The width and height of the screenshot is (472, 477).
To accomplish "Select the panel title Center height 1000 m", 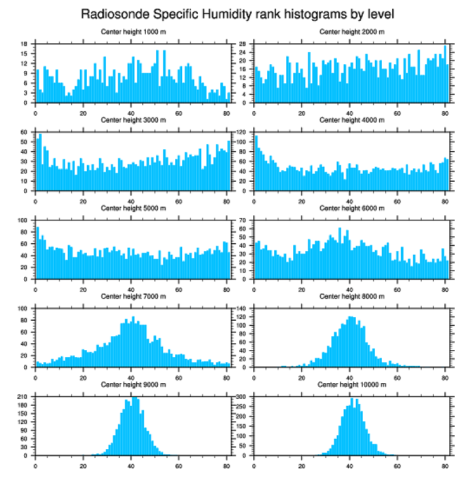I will (x=133, y=31).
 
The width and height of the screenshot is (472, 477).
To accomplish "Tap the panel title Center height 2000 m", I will (x=352, y=31).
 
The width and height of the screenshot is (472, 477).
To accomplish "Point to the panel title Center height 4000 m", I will (x=352, y=120).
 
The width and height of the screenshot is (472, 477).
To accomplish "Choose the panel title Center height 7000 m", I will (x=133, y=296).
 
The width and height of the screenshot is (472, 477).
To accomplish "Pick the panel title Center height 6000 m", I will (x=352, y=208).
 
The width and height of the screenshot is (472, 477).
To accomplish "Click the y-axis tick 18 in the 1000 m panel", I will (x=25, y=44).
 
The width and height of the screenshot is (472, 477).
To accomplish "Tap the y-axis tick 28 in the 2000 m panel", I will (x=244, y=44).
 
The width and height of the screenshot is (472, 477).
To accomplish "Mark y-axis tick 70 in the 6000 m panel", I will (x=244, y=221).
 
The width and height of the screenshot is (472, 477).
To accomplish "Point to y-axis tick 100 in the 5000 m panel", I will (x=24, y=221).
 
